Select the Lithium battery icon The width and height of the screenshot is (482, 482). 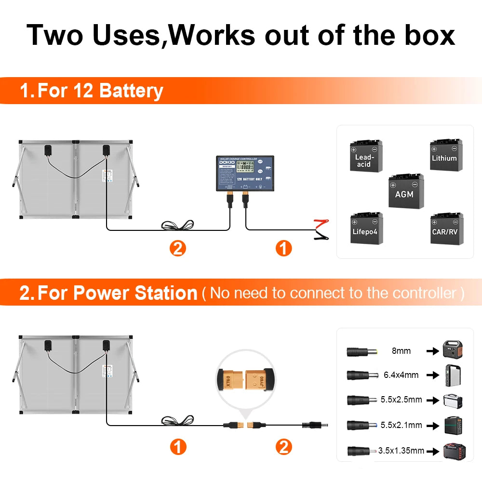coord(446,155)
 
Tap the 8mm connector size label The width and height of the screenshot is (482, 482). coord(401,351)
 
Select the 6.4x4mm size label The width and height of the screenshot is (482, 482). coord(401,375)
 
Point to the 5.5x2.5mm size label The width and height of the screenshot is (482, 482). coord(401,400)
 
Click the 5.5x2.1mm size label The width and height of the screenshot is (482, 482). coord(401,425)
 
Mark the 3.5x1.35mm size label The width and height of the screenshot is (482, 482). coord(401,451)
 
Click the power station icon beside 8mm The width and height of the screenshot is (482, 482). coord(453,349)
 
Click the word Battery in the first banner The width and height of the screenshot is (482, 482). coord(131,91)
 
